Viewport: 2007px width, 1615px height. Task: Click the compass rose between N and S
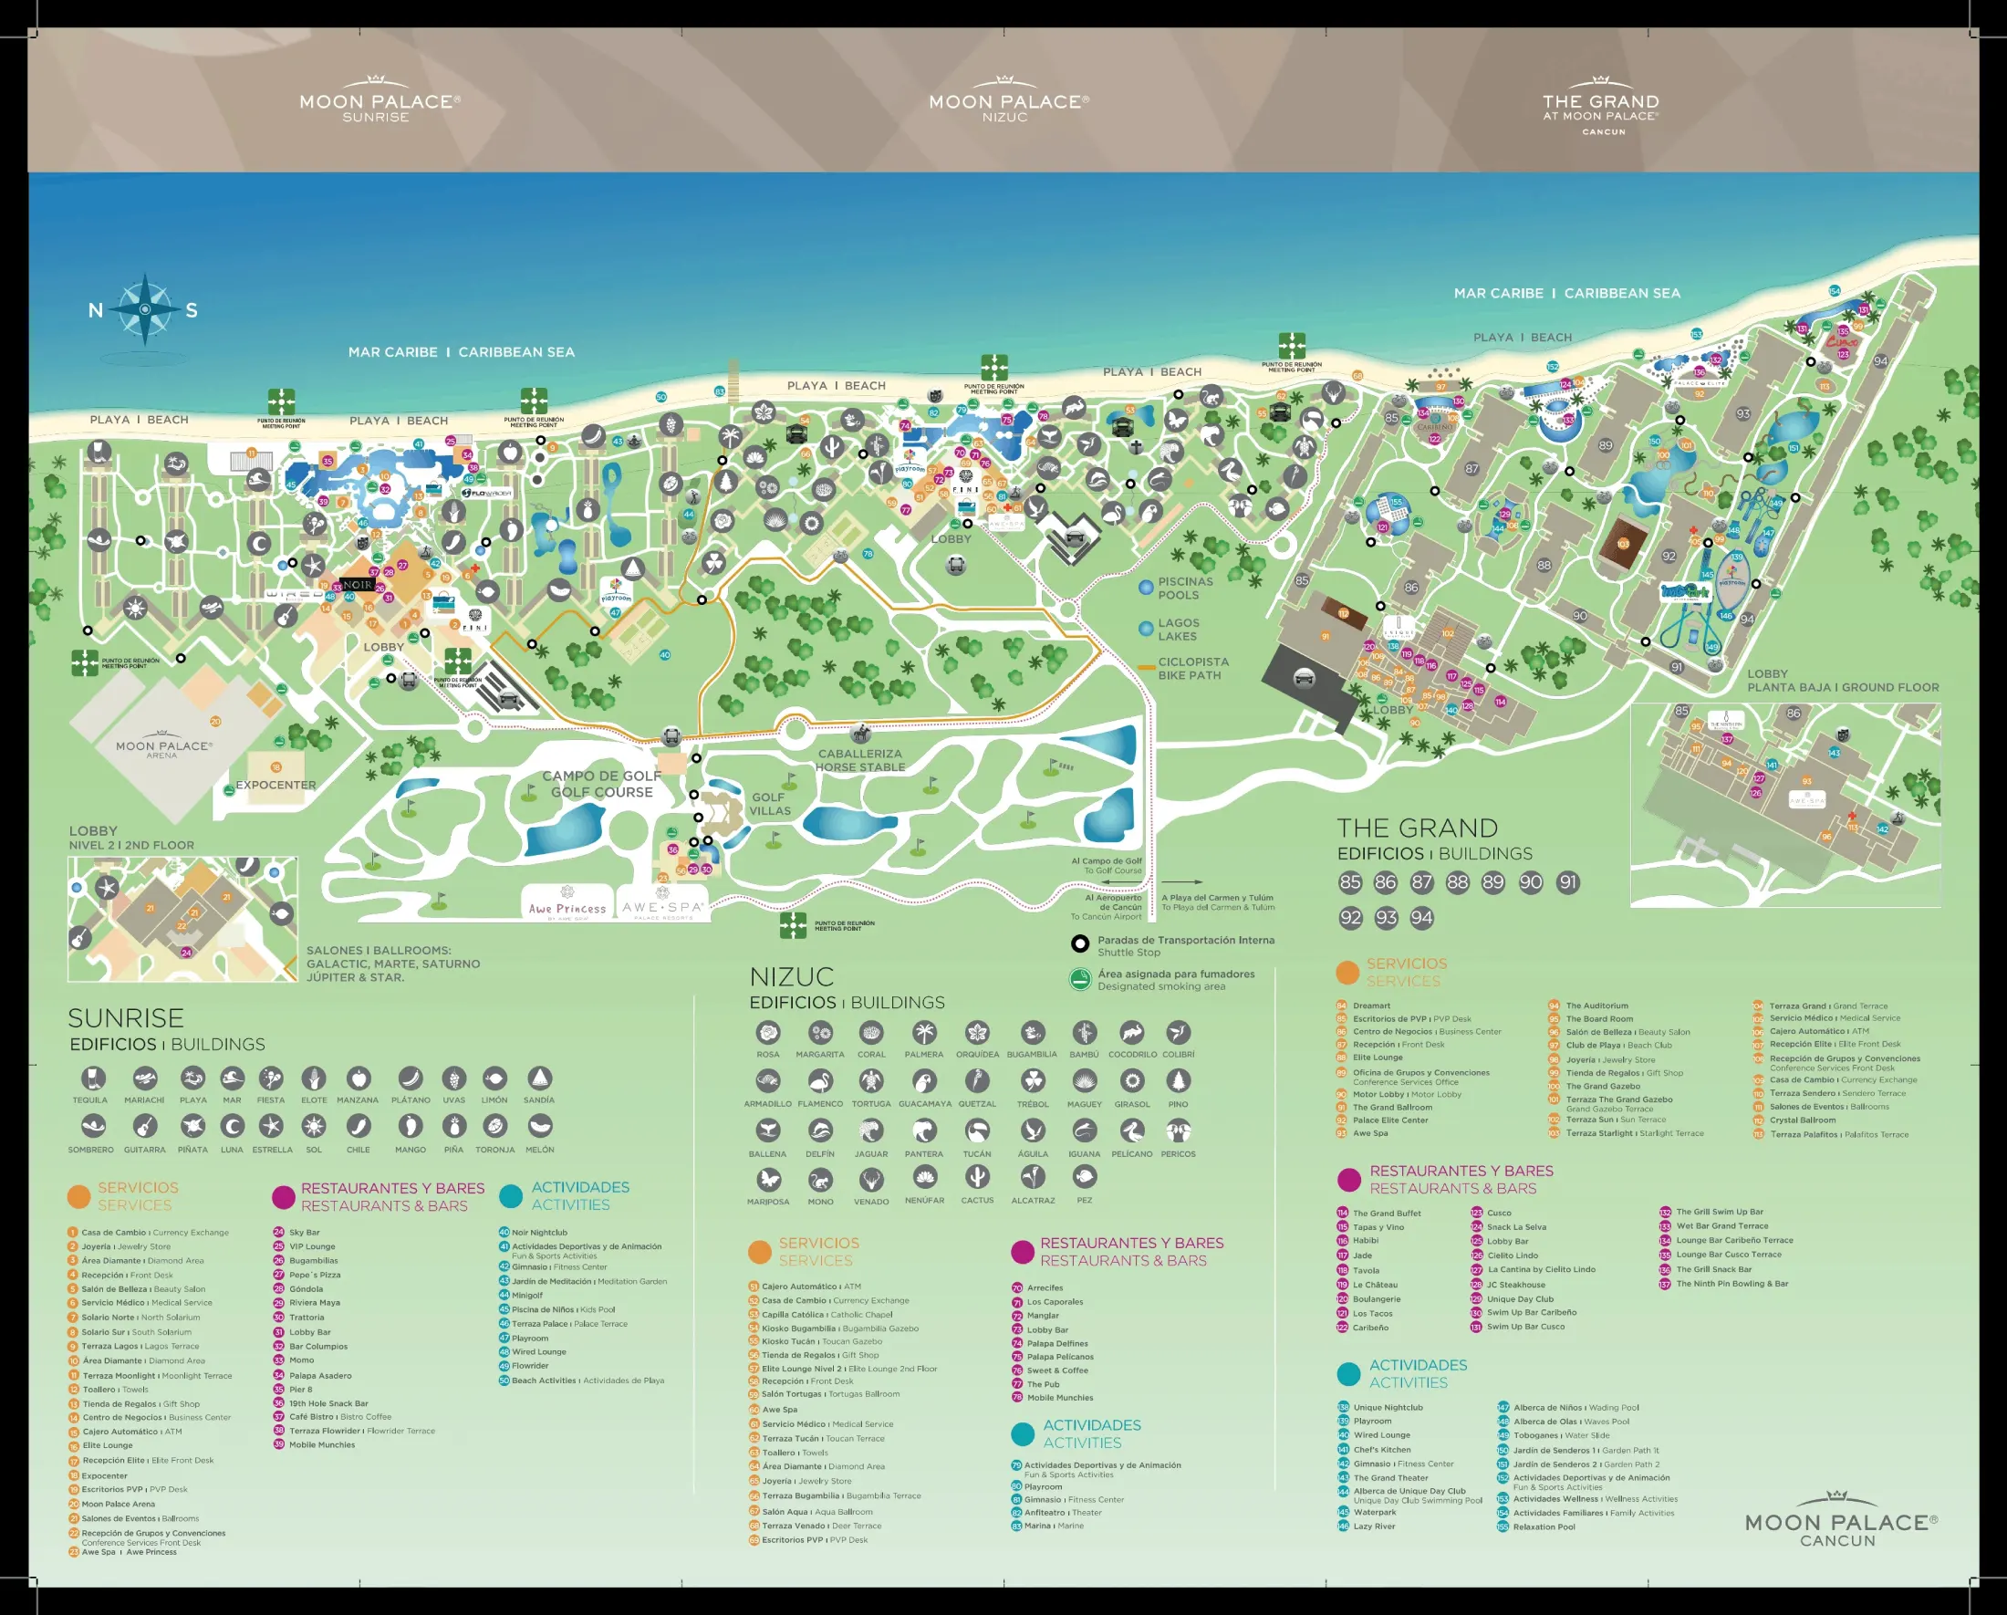pyautogui.click(x=145, y=309)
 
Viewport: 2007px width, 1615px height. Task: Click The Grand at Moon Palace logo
pyautogui.click(x=1600, y=107)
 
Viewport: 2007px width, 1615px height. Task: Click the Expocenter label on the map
pyautogui.click(x=276, y=785)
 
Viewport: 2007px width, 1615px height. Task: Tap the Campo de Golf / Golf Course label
pyautogui.click(x=601, y=784)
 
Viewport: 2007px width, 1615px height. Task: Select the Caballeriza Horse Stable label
pyautogui.click(x=860, y=760)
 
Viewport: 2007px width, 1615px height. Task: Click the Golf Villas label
pyautogui.click(x=770, y=804)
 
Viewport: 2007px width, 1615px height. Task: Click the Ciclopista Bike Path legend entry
pyautogui.click(x=1191, y=668)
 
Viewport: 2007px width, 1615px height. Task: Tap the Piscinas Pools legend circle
pyautogui.click(x=1147, y=588)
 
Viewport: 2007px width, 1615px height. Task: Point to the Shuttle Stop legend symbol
pyautogui.click(x=1080, y=943)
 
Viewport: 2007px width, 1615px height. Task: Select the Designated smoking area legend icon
pyautogui.click(x=1080, y=979)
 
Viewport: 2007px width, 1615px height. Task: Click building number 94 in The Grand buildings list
pyautogui.click(x=1421, y=918)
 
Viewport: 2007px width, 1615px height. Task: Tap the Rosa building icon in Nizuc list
pyautogui.click(x=768, y=1033)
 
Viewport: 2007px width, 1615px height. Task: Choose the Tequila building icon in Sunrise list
pyautogui.click(x=90, y=1078)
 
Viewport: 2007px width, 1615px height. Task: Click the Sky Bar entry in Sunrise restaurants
pyautogui.click(x=304, y=1233)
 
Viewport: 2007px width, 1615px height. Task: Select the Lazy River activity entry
pyautogui.click(x=1374, y=1526)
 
